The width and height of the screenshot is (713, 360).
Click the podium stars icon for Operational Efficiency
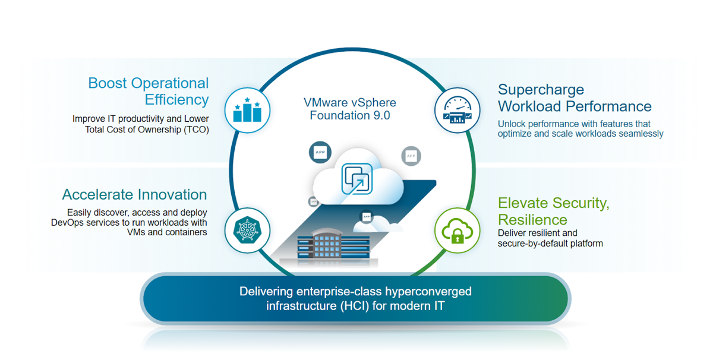pyautogui.click(x=247, y=111)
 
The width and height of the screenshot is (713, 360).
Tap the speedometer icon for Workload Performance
pyautogui.click(x=457, y=110)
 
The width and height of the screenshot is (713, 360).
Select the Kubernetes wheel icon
pyautogui.click(x=247, y=230)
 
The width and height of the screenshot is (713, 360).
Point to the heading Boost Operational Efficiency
pyautogui.click(x=149, y=91)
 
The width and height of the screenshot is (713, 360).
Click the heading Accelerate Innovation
pyautogui.click(x=134, y=195)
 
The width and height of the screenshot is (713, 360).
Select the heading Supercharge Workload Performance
pyautogui.click(x=574, y=98)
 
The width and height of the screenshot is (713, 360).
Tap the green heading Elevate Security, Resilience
pyautogui.click(x=553, y=211)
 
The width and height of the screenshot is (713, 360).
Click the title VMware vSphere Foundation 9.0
pyautogui.click(x=349, y=108)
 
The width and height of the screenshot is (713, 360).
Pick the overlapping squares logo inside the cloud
pyautogui.click(x=357, y=179)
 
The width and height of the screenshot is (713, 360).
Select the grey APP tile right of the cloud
pyautogui.click(x=411, y=156)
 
